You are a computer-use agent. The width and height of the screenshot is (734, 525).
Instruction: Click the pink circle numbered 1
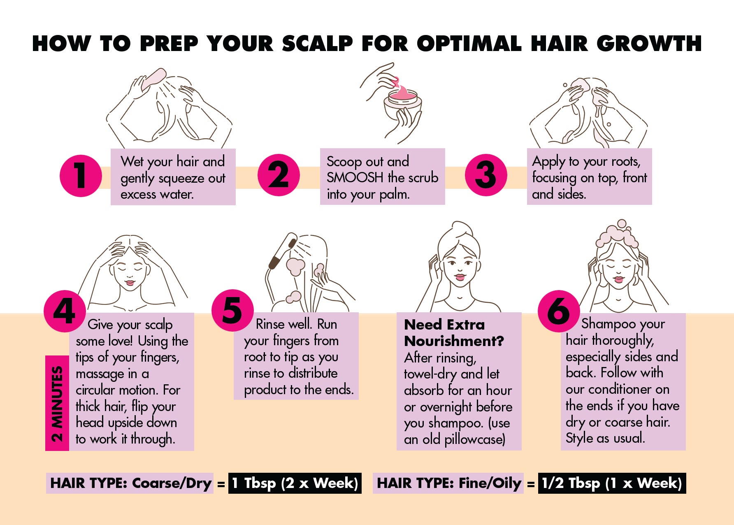(x=81, y=176)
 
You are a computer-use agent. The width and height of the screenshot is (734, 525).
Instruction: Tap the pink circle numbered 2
(x=279, y=175)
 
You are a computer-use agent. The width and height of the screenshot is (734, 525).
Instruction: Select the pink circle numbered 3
(x=486, y=175)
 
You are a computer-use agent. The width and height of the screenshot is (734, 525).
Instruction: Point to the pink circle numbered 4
(x=65, y=311)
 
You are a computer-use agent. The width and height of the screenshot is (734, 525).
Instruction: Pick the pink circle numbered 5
(x=232, y=310)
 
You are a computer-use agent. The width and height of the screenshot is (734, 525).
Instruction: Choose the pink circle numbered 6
(x=559, y=311)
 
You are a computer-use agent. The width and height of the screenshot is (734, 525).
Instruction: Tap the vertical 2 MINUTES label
(x=57, y=403)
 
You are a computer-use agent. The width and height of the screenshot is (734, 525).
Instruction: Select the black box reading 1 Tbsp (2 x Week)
(x=295, y=483)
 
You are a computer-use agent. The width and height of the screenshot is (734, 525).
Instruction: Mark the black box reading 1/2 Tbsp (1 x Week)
(x=612, y=483)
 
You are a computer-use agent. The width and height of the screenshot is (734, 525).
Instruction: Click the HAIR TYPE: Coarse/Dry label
(x=130, y=483)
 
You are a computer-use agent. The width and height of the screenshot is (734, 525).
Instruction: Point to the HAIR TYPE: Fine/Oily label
(x=448, y=483)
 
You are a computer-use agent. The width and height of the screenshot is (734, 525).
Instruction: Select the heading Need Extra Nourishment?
(x=454, y=333)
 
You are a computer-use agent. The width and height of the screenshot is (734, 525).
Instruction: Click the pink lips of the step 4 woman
(x=130, y=283)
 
